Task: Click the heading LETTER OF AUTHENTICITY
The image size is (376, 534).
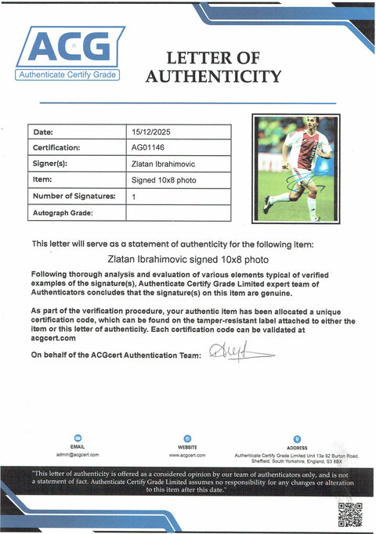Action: point(212,67)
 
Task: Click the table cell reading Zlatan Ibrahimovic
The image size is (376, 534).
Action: point(161,164)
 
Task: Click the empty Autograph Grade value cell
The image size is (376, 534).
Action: point(179,213)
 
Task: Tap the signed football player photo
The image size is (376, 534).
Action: point(295,168)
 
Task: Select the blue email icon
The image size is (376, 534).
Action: point(77,438)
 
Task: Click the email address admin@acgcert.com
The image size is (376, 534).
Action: point(77,454)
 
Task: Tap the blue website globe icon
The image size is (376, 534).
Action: point(187,438)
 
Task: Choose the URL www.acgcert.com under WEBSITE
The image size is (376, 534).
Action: point(187,454)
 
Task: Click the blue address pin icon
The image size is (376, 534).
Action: point(296,438)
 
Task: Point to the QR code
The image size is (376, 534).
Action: point(350,514)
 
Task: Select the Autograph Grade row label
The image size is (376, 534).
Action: point(63,213)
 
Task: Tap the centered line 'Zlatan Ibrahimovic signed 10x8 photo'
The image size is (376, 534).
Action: point(187,258)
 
